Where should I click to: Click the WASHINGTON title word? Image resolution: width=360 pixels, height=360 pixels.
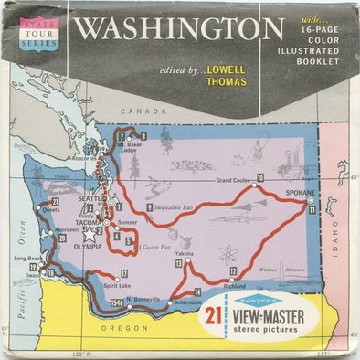178,27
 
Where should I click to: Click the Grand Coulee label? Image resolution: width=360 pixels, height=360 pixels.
233,180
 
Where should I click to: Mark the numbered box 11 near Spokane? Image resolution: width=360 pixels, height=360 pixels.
312,209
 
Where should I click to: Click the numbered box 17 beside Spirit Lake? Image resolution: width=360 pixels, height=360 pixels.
124,273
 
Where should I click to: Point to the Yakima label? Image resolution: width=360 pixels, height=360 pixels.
185,252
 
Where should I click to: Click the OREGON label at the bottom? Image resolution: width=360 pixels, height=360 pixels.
130,328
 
